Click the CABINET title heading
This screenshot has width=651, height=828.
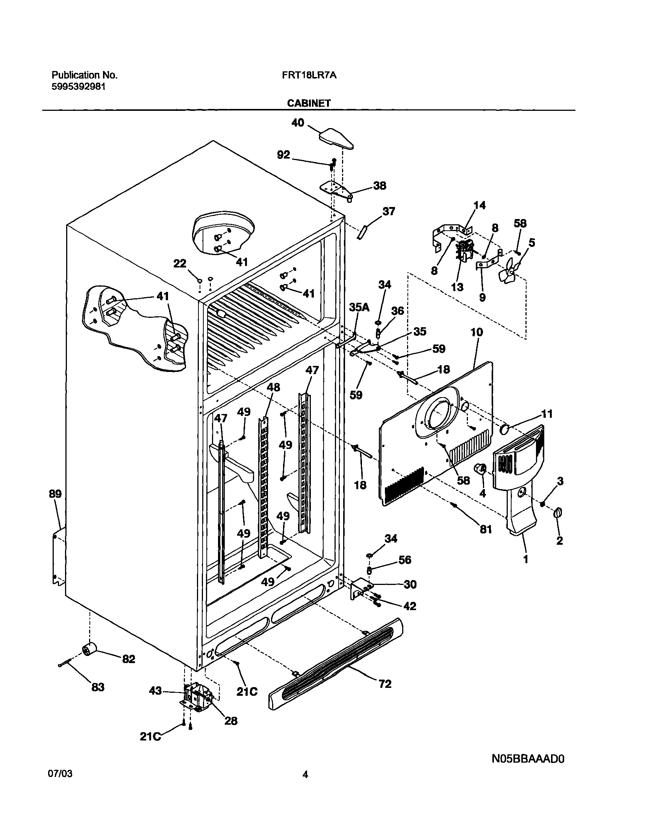click(309, 103)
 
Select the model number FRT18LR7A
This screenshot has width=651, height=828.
click(309, 76)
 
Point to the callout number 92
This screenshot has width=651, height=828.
click(283, 155)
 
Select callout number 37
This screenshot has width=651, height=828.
click(388, 212)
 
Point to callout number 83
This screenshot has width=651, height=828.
click(98, 687)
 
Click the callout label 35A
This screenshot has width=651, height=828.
click(359, 307)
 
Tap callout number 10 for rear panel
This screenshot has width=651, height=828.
click(477, 332)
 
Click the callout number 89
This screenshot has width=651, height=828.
click(55, 494)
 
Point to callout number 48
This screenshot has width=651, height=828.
click(273, 387)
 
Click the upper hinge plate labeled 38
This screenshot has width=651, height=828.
click(335, 189)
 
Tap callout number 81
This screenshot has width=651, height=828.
click(486, 529)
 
